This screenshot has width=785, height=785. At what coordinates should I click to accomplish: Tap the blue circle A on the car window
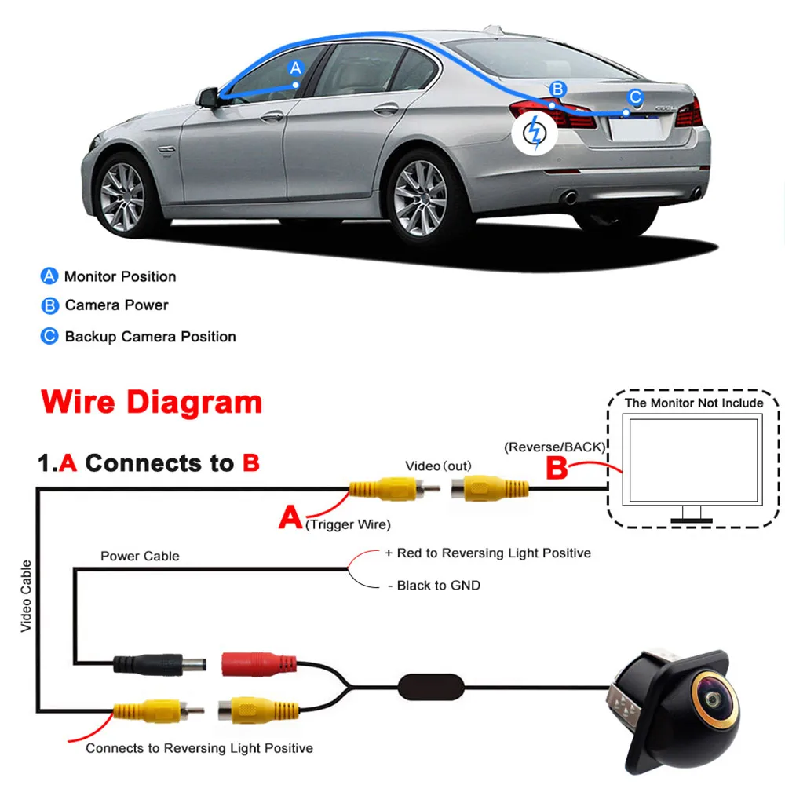click(295, 68)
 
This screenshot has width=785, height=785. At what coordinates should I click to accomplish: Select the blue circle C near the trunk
click(636, 97)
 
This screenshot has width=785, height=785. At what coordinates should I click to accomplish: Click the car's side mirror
click(209, 97)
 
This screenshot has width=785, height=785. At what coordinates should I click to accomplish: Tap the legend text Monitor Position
click(120, 276)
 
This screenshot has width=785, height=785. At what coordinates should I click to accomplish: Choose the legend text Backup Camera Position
click(150, 337)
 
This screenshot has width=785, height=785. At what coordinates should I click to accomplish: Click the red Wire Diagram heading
click(152, 402)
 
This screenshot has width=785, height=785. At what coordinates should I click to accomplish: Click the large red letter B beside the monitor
click(557, 469)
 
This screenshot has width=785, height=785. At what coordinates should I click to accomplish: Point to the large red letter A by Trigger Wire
click(290, 517)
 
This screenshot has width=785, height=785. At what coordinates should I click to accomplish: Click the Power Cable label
click(140, 556)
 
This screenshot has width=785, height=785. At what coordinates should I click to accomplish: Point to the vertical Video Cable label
click(26, 596)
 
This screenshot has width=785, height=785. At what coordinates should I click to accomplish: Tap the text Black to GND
click(438, 586)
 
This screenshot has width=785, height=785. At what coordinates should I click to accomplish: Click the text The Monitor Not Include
click(693, 403)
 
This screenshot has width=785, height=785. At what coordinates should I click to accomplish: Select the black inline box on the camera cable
click(431, 686)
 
